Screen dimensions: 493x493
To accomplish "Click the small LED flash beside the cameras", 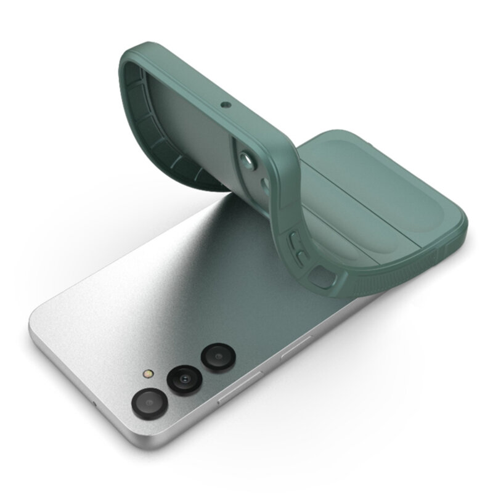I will (x=147, y=375).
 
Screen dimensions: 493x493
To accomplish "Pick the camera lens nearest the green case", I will (x=216, y=357).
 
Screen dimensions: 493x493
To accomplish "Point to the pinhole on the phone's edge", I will (x=94, y=404).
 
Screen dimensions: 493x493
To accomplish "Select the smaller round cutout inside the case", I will (x=264, y=184).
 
